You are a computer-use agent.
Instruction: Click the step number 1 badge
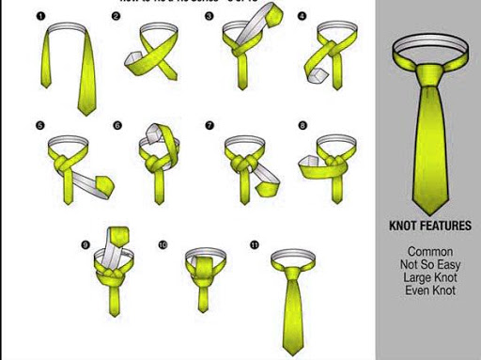point(39,16)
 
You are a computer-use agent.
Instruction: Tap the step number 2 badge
point(116,16)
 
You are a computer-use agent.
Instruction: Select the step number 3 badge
point(209,16)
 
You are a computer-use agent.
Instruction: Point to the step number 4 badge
point(301,16)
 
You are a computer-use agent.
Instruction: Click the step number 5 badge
point(39,124)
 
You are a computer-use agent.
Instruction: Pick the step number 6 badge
point(117,124)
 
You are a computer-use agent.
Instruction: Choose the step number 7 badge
point(209,124)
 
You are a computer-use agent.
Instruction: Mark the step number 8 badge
point(302,124)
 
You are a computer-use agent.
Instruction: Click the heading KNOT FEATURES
point(430,227)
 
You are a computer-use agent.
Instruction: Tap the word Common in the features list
point(430,252)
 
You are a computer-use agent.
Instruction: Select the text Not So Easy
point(430,265)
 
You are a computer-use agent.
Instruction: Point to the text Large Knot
point(430,278)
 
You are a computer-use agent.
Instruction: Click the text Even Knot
point(430,291)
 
